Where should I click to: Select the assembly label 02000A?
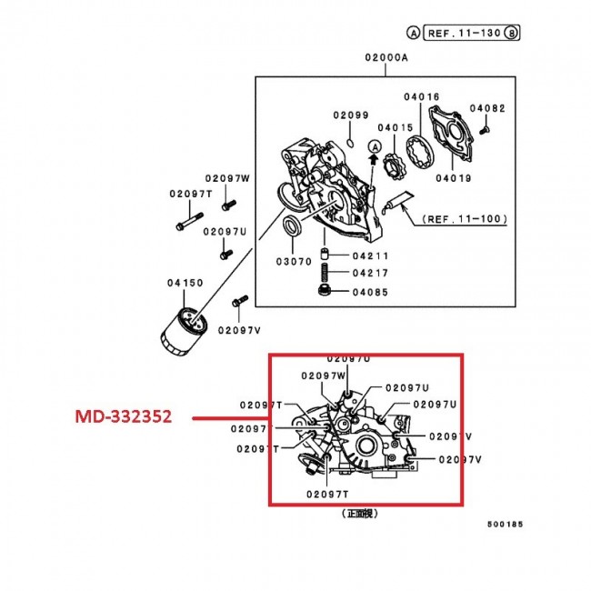point(388,57)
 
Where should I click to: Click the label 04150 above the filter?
point(185,284)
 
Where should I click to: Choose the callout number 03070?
point(293,260)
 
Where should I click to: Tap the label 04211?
point(370,255)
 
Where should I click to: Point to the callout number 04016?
point(422,96)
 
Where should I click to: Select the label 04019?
point(453,178)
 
